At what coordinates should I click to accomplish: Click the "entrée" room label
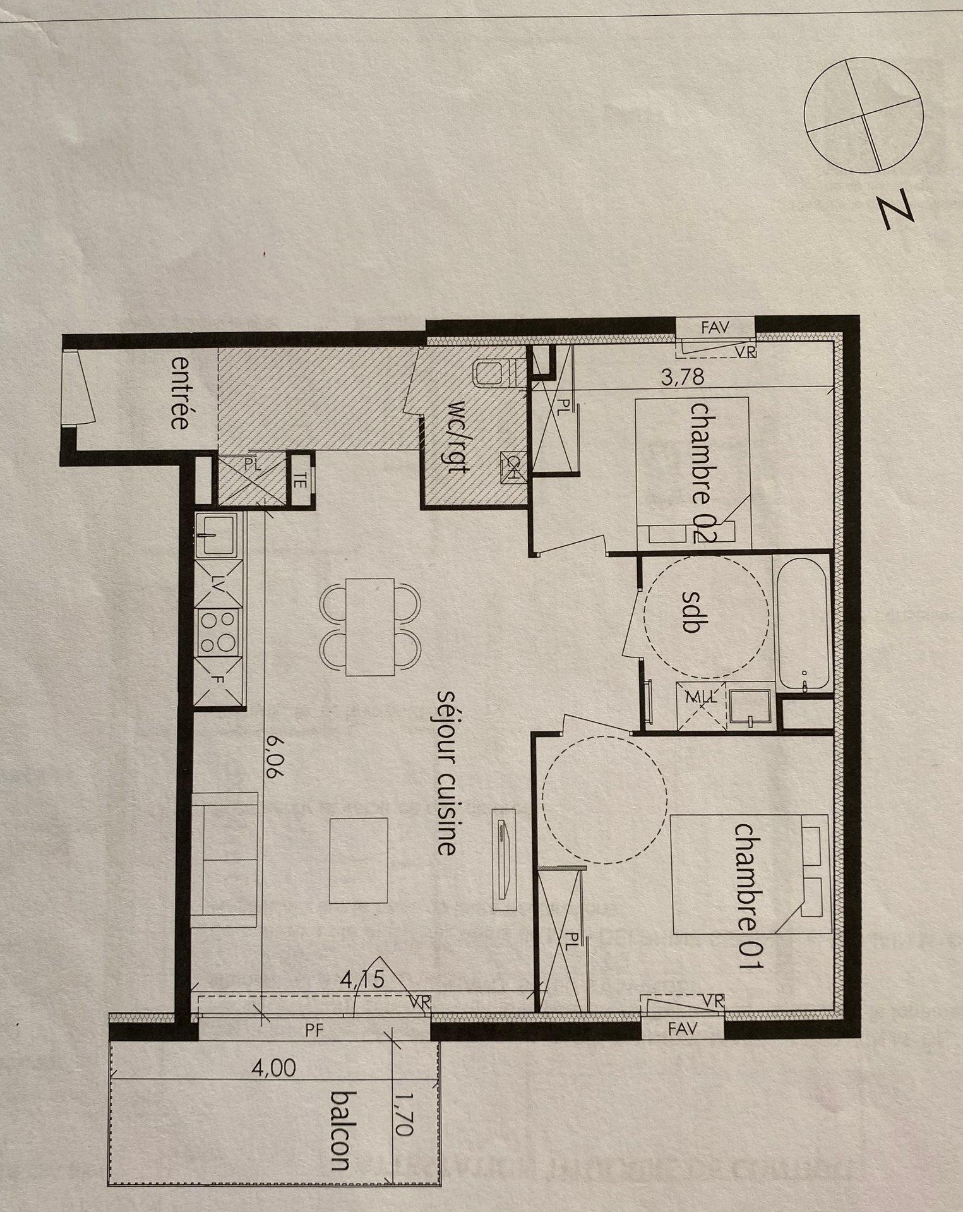(179, 393)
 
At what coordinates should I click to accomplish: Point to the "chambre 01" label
(749, 906)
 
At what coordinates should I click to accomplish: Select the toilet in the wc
(494, 373)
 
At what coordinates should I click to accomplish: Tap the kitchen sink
(217, 534)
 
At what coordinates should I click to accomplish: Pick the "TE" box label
(299, 482)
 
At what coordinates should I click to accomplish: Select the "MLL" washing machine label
(702, 697)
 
